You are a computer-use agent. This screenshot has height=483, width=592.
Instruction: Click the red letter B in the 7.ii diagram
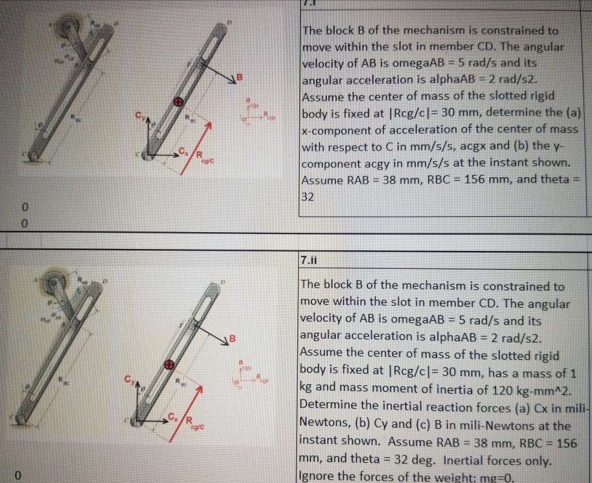[238, 337]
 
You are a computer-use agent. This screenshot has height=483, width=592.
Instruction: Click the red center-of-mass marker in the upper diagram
[176, 102]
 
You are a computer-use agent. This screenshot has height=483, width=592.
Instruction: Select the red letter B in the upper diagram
[238, 78]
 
